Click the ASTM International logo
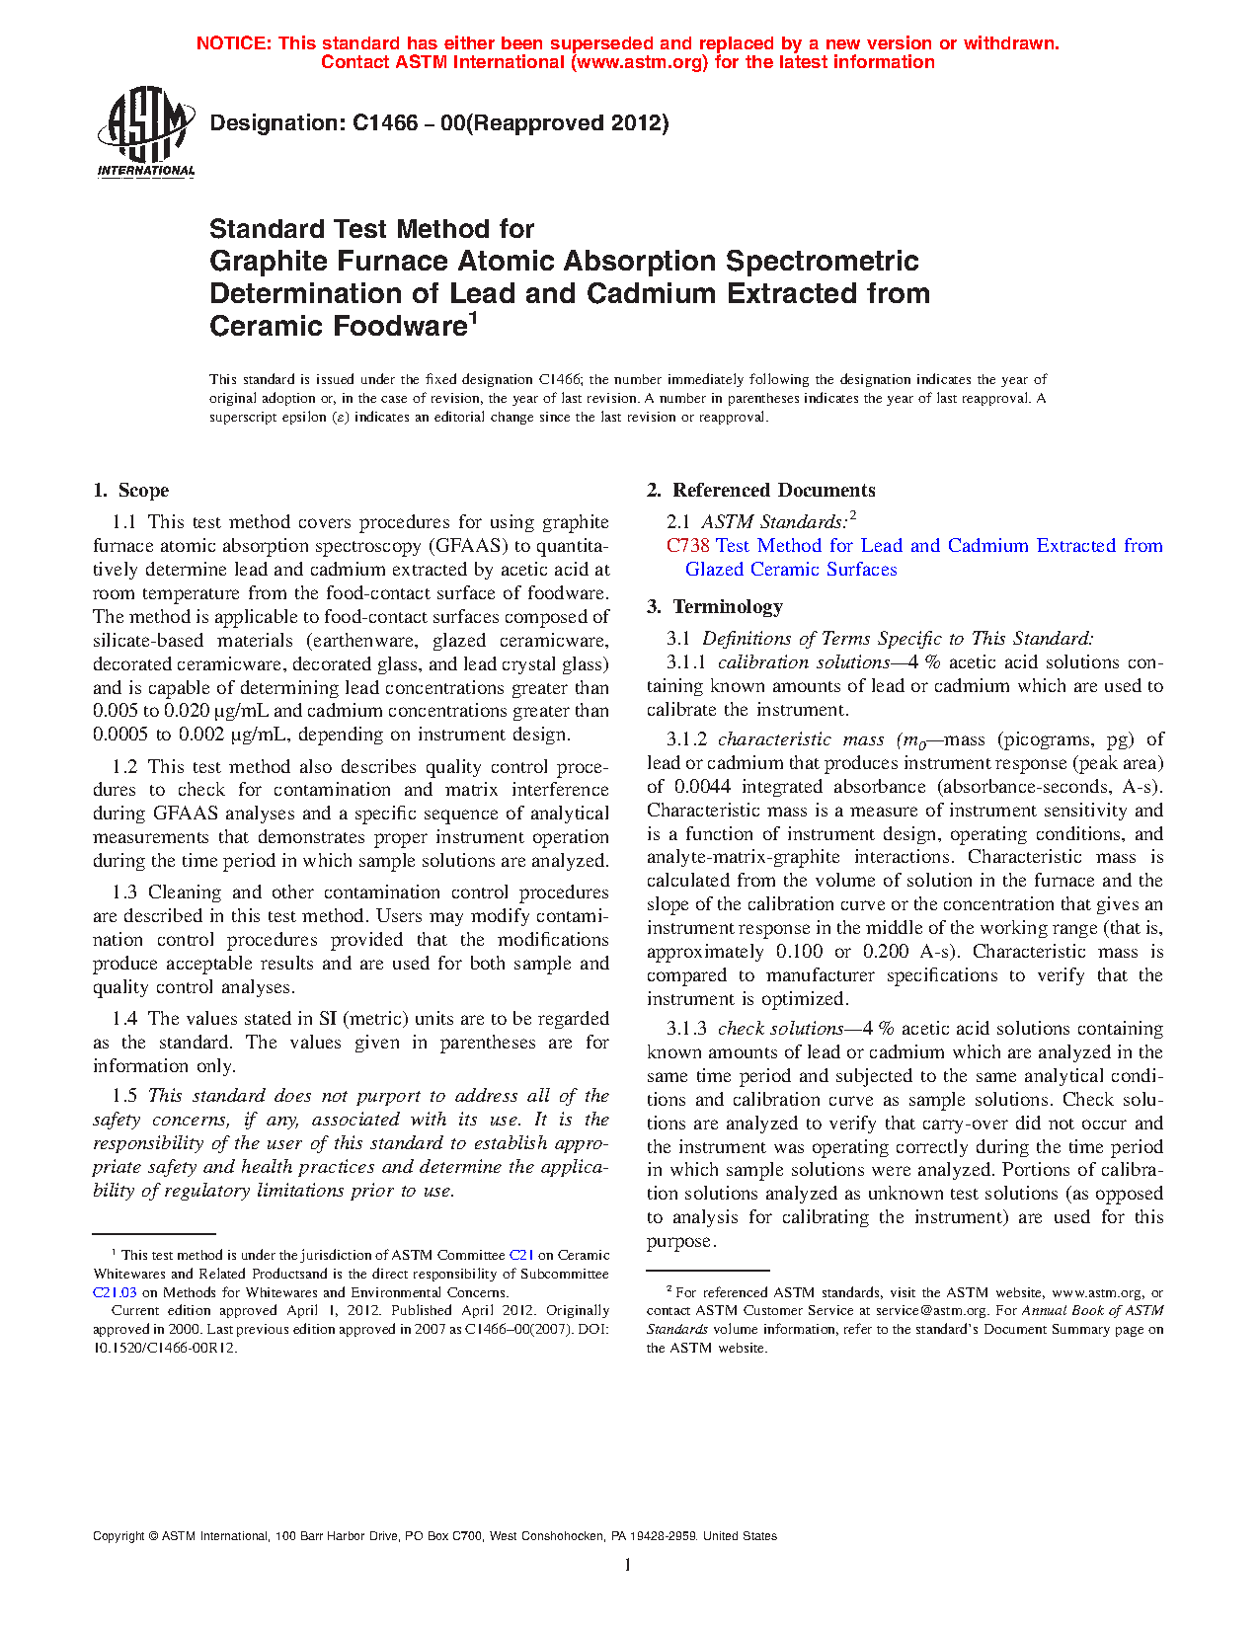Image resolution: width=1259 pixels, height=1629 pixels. click(x=145, y=131)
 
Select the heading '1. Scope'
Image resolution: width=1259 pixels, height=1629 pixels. click(x=130, y=491)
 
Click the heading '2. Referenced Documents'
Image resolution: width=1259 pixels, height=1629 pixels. click(x=760, y=491)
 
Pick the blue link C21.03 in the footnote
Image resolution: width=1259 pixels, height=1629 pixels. click(x=115, y=1292)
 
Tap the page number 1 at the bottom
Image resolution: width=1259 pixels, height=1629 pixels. click(x=628, y=1564)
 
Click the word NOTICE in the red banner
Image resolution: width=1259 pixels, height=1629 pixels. click(x=233, y=43)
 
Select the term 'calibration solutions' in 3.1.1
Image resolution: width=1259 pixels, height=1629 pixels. click(x=804, y=662)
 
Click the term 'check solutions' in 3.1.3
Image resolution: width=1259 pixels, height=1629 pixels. click(x=780, y=1029)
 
